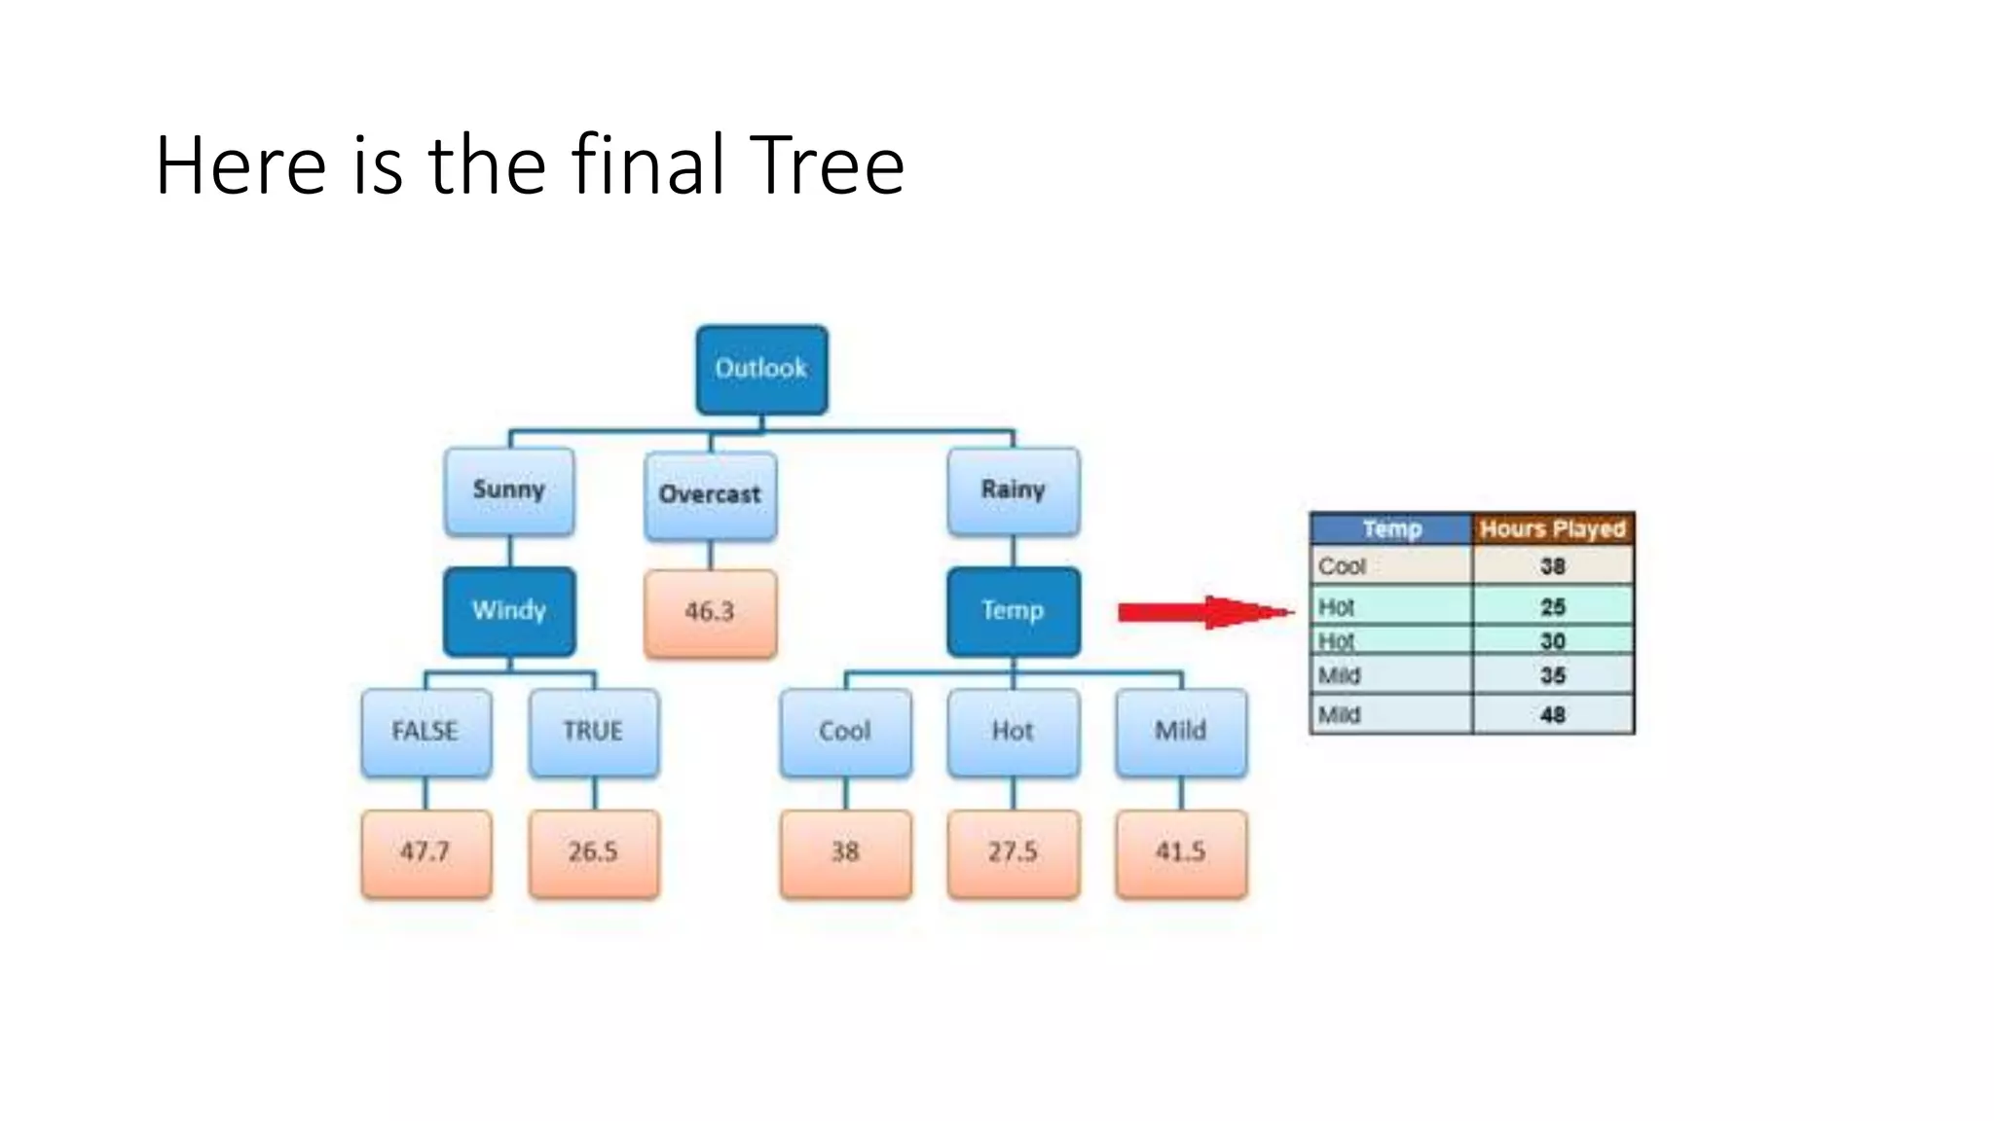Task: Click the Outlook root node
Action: pyautogui.click(x=761, y=369)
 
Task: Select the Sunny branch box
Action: pyautogui.click(x=508, y=490)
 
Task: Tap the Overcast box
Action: pyautogui.click(x=710, y=494)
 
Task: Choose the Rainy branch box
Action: pyautogui.click(x=1013, y=490)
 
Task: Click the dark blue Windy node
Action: pyautogui.click(x=508, y=611)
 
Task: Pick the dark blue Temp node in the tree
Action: pyautogui.click(x=1013, y=611)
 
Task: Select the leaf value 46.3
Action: pyautogui.click(x=710, y=613)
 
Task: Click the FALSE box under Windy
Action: pyautogui.click(x=425, y=732)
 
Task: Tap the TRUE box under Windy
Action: pyautogui.click(x=593, y=732)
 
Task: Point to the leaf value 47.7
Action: pyautogui.click(x=425, y=852)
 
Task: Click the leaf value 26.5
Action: pyautogui.click(x=593, y=852)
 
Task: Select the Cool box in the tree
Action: pyautogui.click(x=845, y=732)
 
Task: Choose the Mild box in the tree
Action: pyautogui.click(x=1180, y=732)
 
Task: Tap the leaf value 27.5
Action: pyautogui.click(x=1013, y=852)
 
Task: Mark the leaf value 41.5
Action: pyautogui.click(x=1180, y=852)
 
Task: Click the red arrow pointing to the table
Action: pyautogui.click(x=1203, y=612)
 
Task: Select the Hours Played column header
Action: pyautogui.click(x=1552, y=528)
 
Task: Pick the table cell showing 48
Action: pyautogui.click(x=1552, y=715)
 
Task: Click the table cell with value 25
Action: pyautogui.click(x=1552, y=607)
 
